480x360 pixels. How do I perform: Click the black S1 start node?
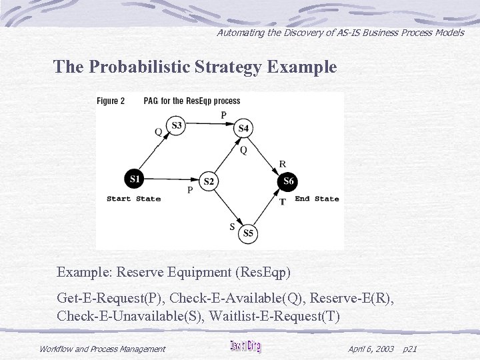coord(135,179)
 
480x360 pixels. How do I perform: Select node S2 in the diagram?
coord(209,181)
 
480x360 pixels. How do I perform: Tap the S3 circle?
coord(176,125)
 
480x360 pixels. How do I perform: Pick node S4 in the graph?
coord(243,128)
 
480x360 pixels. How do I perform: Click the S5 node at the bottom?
coord(248,233)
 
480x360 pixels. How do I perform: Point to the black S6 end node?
coord(288,181)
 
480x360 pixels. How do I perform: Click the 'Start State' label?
coord(133,199)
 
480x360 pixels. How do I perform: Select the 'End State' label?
coord(317,199)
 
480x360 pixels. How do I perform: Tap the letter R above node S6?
coord(283,163)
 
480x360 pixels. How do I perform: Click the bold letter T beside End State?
coord(283,201)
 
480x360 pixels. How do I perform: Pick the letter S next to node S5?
coord(232,227)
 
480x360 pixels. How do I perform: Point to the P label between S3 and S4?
coord(223,115)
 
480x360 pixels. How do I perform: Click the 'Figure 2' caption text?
coord(111,101)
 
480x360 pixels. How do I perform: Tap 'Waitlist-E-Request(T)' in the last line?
coord(274,315)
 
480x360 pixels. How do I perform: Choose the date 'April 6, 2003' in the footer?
coord(371,349)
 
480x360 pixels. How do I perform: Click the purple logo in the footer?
coord(245,347)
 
